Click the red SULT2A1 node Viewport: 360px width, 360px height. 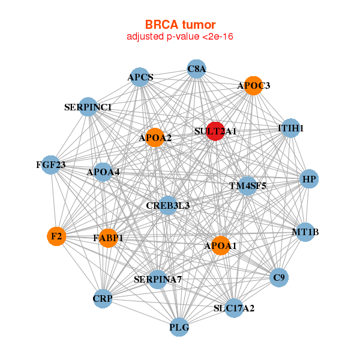tap(215, 131)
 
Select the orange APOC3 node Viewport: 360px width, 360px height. tap(253, 86)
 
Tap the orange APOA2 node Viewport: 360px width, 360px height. tap(155, 138)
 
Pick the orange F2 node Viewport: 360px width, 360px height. tap(56, 236)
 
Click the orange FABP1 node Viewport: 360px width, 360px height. tap(109, 238)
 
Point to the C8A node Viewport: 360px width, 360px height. tap(196, 69)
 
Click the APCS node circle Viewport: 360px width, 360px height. tap(140, 77)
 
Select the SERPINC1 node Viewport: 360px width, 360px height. tap(88, 107)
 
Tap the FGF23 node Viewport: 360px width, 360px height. tap(50, 165)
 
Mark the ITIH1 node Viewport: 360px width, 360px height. tap(290, 128)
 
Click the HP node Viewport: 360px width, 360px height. tap(309, 179)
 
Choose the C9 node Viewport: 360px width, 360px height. tap(279, 277)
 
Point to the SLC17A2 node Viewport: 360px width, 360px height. tap(234, 308)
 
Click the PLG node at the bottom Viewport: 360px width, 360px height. tap(179, 327)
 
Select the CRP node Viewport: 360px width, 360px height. tap(103, 298)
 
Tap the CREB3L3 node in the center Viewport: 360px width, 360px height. tap(168, 206)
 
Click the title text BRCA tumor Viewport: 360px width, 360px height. tap(180, 25)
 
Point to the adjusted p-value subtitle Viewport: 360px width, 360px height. tap(180, 37)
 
